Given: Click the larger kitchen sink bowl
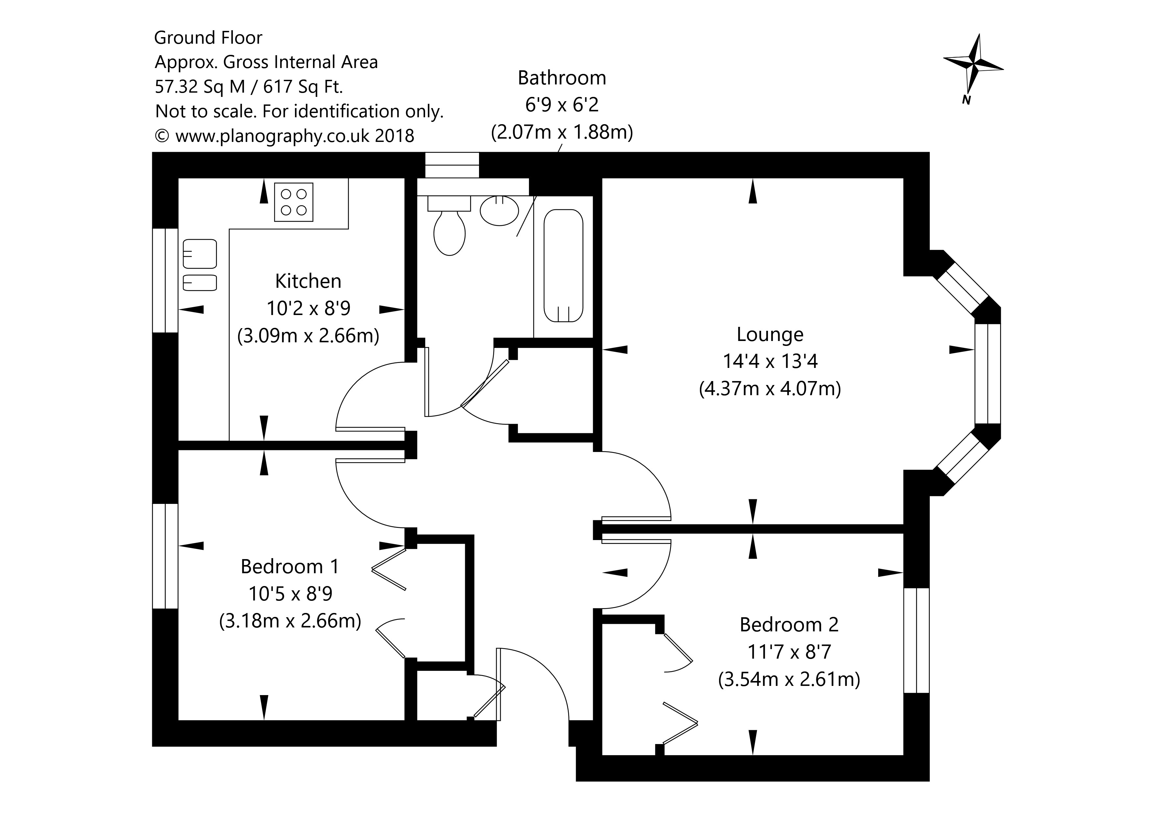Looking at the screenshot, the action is pyautogui.click(x=200, y=254).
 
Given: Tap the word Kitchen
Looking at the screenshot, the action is pyautogui.click(x=308, y=282).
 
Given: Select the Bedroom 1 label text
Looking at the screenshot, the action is pyautogui.click(x=290, y=567).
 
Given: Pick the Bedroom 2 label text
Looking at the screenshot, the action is pyautogui.click(x=789, y=625).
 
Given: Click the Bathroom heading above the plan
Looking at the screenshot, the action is pyautogui.click(x=562, y=78).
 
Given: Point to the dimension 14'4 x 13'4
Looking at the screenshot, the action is pyautogui.click(x=770, y=361).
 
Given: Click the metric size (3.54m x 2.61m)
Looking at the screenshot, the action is pyautogui.click(x=789, y=680).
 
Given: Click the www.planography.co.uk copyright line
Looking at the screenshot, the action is pyautogui.click(x=285, y=136).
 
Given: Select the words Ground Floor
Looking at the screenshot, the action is pyautogui.click(x=208, y=38).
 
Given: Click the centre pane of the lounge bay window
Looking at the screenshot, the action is pyautogui.click(x=988, y=374).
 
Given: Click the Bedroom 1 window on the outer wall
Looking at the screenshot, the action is pyautogui.click(x=165, y=556).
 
